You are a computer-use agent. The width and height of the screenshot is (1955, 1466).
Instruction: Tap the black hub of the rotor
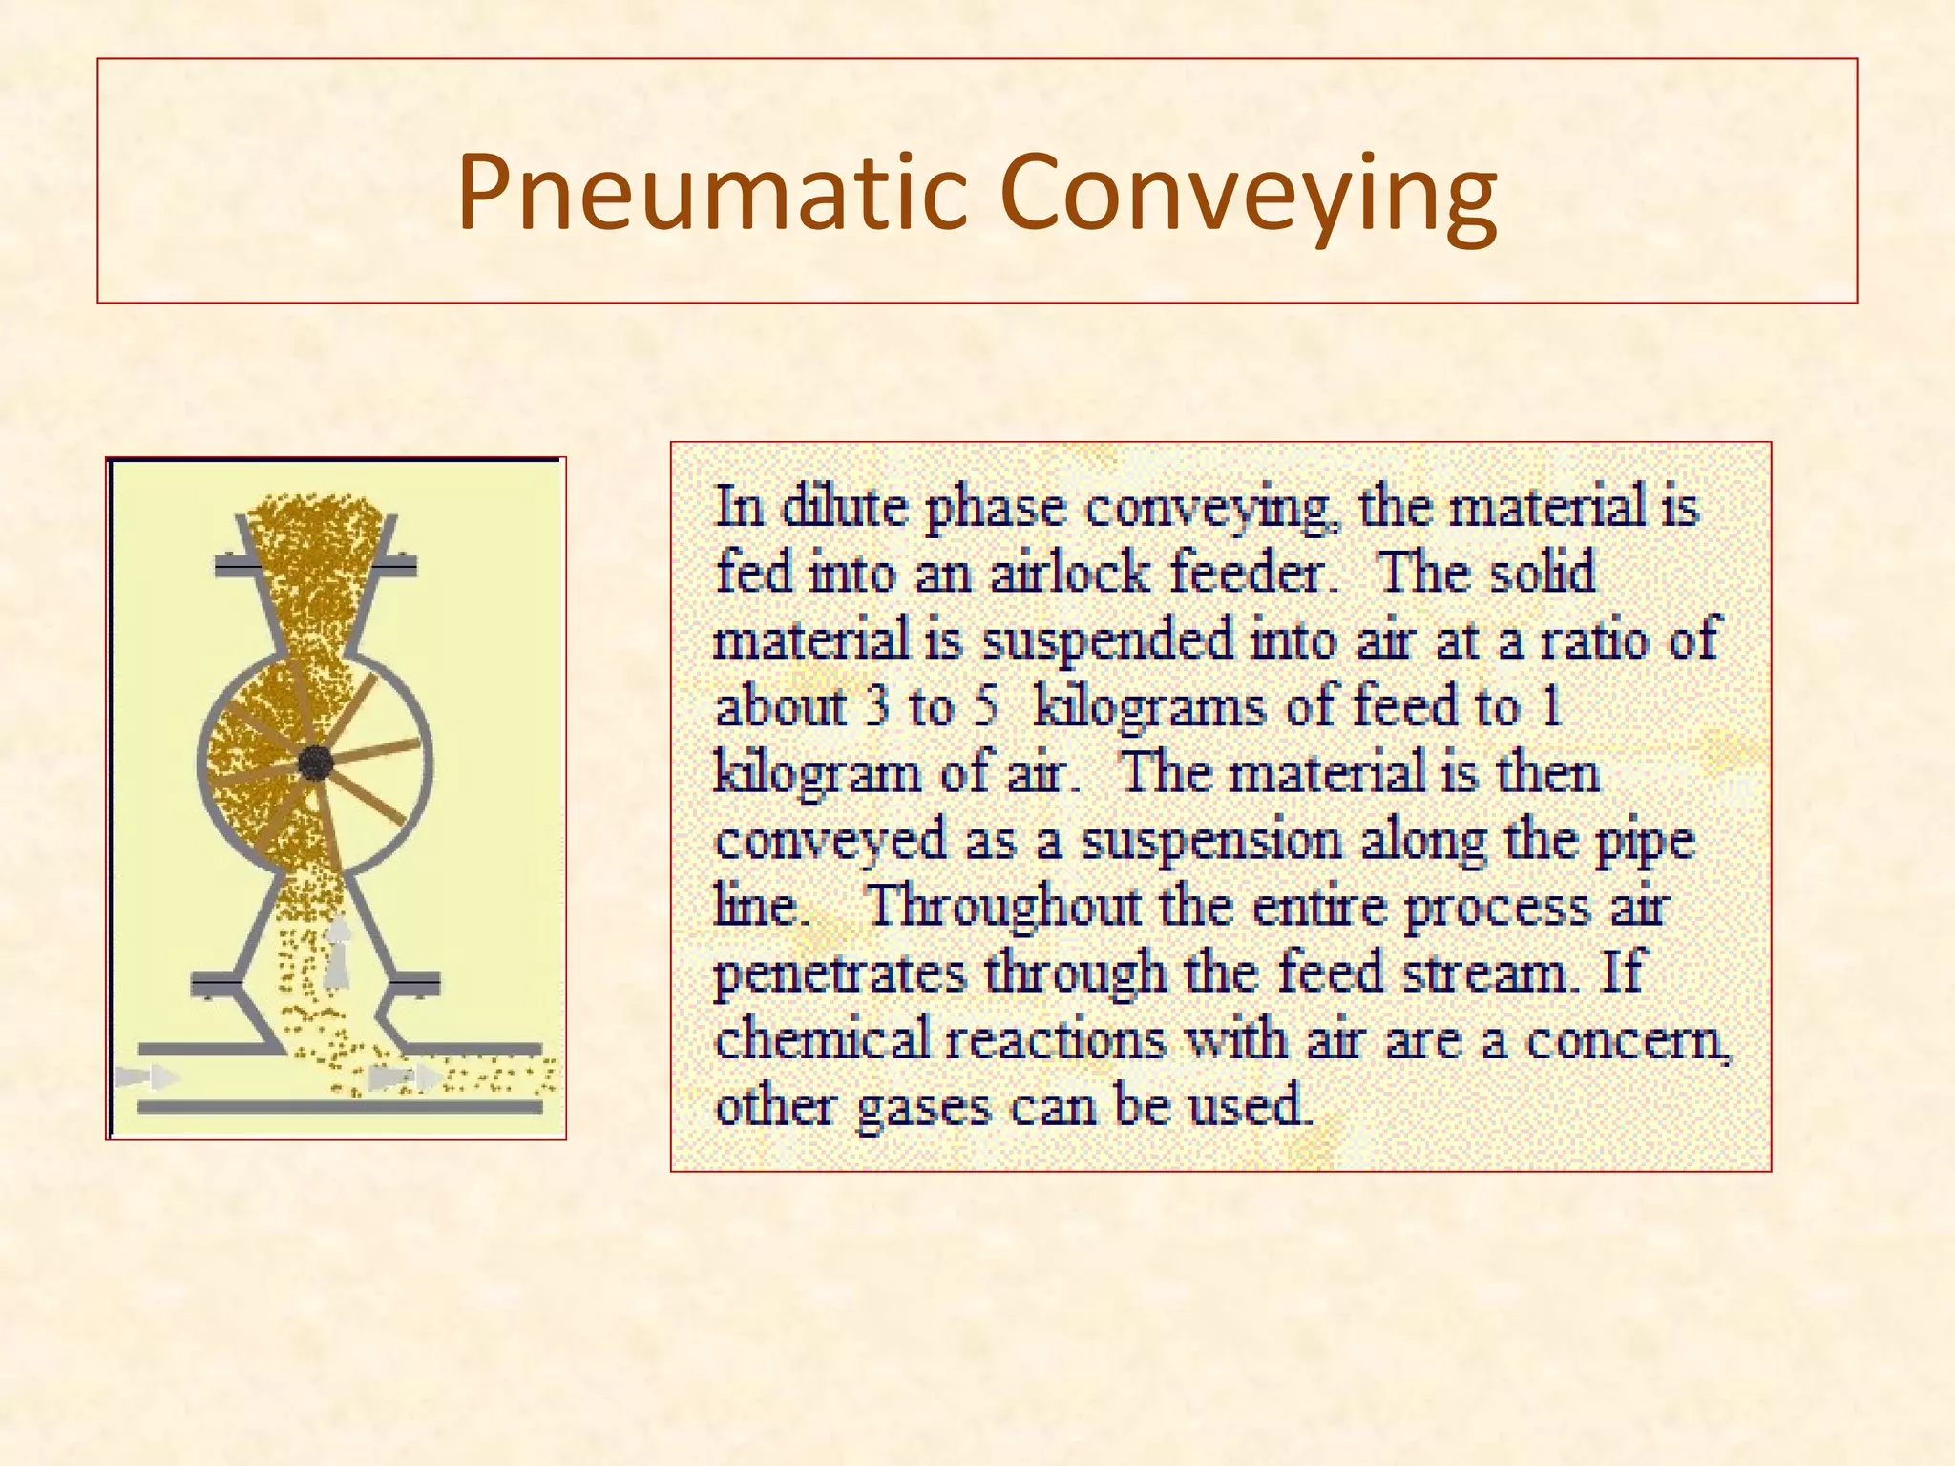pos(315,763)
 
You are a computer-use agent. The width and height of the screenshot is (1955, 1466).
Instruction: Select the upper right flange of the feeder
pos(394,567)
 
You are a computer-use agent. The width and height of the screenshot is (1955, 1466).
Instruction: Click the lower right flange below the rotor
pos(416,983)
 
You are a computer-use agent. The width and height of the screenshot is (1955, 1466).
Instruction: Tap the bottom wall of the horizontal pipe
pos(339,1108)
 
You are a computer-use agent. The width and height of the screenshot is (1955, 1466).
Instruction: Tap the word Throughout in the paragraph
pos(1002,907)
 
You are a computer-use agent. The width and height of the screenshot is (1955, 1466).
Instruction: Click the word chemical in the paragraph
pos(822,1039)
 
